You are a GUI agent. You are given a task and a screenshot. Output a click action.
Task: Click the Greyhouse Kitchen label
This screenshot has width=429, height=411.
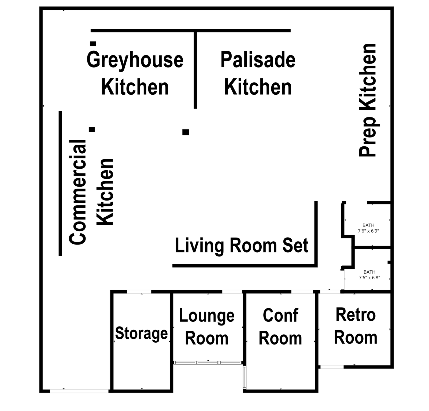pyautogui.click(x=135, y=73)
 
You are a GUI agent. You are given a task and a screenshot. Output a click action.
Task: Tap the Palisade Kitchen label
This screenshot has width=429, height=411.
pyautogui.click(x=258, y=73)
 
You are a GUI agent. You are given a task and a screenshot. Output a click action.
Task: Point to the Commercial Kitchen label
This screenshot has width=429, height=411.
pyautogui.click(x=91, y=192)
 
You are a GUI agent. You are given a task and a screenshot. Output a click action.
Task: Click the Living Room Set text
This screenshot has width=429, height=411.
pyautogui.click(x=242, y=245)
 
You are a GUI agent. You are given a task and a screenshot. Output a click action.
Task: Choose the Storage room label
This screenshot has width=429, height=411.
pyautogui.click(x=141, y=333)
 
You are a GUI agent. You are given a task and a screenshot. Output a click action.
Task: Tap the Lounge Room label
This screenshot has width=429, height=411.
pyautogui.click(x=207, y=327)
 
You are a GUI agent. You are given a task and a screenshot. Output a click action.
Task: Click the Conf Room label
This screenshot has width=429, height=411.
pyautogui.click(x=280, y=327)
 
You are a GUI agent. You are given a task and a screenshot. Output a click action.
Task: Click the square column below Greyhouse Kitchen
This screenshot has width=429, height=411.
pyautogui.click(x=92, y=129)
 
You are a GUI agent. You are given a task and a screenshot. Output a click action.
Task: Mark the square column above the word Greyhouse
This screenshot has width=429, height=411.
pyautogui.click(x=93, y=44)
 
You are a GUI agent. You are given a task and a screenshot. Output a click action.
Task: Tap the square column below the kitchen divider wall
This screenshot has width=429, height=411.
pyautogui.click(x=186, y=132)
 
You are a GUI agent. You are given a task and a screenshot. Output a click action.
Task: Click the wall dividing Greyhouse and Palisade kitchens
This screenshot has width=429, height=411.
pyautogui.click(x=195, y=70)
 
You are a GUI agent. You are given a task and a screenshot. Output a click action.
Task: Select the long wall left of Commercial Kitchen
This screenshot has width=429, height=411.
pyautogui.click(x=60, y=183)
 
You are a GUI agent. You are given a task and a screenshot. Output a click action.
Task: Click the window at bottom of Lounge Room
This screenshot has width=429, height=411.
pyautogui.click(x=208, y=363)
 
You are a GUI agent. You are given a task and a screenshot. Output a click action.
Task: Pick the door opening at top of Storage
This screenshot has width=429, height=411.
pyautogui.click(x=139, y=292)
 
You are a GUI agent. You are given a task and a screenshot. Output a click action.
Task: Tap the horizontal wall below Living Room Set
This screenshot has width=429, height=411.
pyautogui.click(x=245, y=266)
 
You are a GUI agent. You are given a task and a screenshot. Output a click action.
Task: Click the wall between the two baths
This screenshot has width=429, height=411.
pyautogui.click(x=372, y=247)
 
